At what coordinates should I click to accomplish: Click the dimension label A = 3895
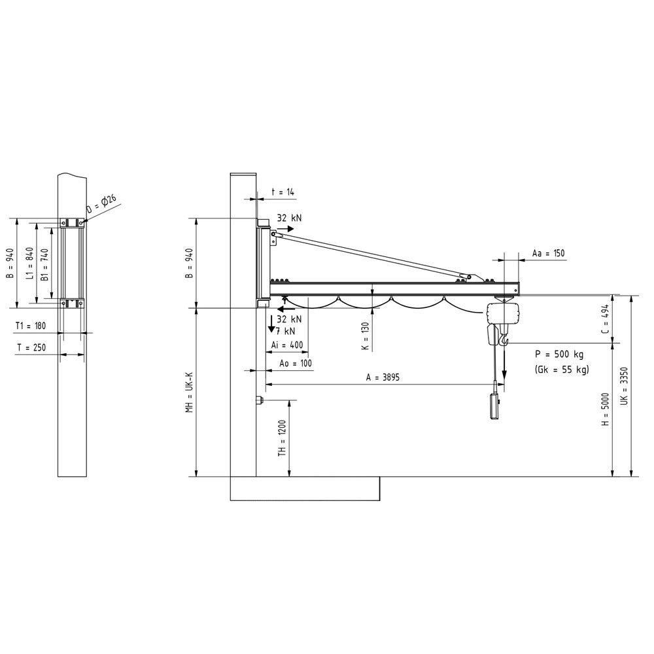click(x=383, y=377)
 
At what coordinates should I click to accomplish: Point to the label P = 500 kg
click(x=559, y=354)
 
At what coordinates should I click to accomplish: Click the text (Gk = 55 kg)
click(x=562, y=370)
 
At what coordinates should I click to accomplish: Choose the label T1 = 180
click(x=31, y=326)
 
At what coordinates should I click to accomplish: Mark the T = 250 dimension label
click(x=31, y=347)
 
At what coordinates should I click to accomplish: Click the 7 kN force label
click(x=286, y=331)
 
